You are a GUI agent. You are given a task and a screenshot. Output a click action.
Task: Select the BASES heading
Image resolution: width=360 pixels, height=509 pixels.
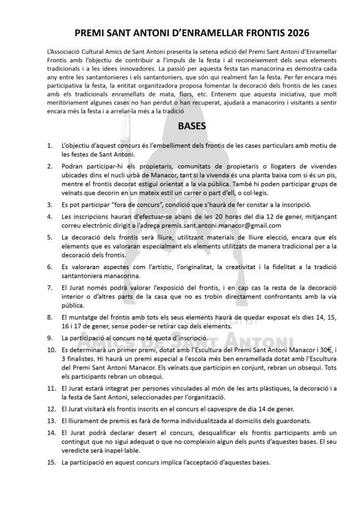coord(179,128)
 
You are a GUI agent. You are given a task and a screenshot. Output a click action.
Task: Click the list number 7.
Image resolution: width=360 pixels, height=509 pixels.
coord(49,287)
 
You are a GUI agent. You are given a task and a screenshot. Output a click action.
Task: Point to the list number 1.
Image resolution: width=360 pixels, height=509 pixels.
coord(49,146)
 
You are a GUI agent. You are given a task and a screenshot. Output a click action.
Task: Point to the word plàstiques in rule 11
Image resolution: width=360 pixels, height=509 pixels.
coord(244,390)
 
